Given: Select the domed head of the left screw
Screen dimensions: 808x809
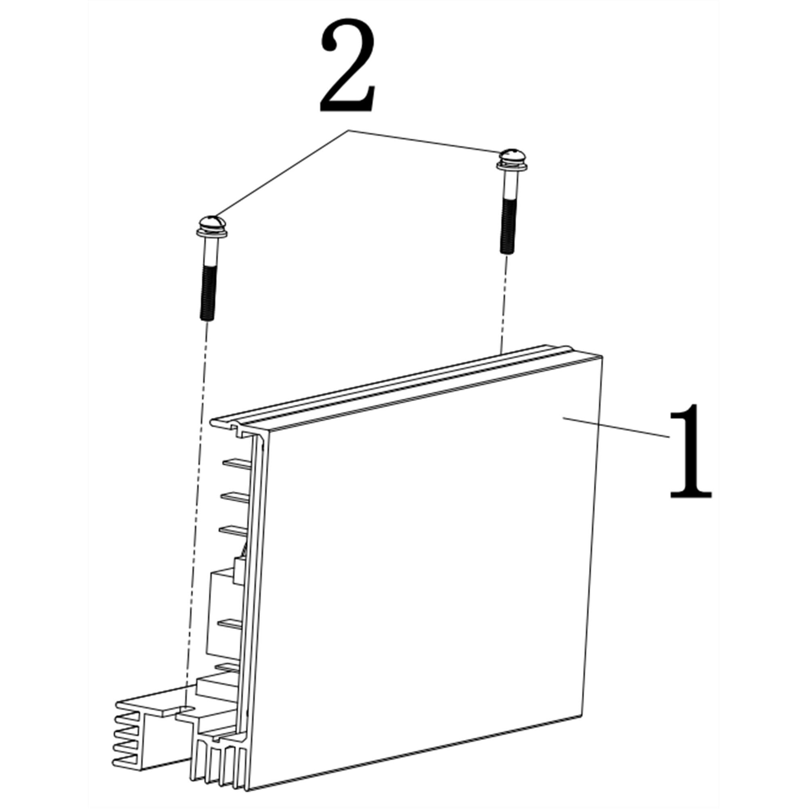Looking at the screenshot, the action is [211, 221].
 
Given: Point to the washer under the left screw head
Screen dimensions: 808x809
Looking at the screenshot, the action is [211, 232].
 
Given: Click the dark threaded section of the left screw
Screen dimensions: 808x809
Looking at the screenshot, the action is [208, 293].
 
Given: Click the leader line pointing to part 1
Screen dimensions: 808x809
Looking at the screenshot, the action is [616, 427].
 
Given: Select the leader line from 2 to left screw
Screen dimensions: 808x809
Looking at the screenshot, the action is [282, 174].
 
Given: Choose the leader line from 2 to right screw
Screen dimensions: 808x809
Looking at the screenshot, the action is [425, 141].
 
